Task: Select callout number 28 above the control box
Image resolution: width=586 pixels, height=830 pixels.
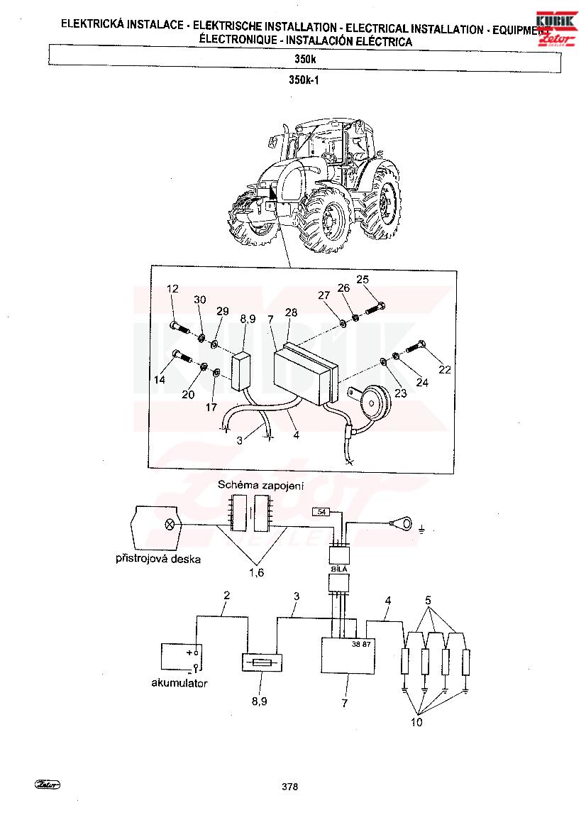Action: click(x=291, y=312)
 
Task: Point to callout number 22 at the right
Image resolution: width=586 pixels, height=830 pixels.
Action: click(x=445, y=370)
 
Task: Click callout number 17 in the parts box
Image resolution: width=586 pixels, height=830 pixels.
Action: click(x=211, y=407)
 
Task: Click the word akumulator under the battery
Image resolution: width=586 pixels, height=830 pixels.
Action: click(x=179, y=684)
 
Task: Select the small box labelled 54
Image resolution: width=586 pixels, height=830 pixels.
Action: click(x=321, y=512)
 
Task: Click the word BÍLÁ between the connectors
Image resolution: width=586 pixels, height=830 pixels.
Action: click(x=338, y=569)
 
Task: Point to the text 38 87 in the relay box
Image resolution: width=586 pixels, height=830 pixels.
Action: click(x=362, y=645)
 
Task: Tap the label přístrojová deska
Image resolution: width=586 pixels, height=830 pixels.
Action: click(x=158, y=559)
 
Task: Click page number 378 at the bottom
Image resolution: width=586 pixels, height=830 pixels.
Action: click(x=289, y=787)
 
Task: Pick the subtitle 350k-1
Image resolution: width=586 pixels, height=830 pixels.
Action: click(x=304, y=80)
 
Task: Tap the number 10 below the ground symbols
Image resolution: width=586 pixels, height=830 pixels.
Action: click(x=417, y=722)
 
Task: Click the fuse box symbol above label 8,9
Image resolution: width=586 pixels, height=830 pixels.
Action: click(x=262, y=660)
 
